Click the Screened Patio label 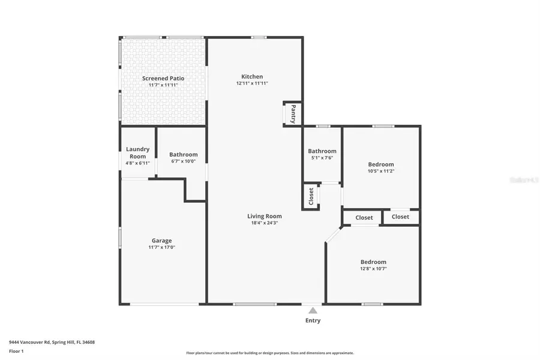coord(163,78)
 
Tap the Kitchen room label coord(252,76)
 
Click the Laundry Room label coord(137,152)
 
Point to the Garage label coord(161,240)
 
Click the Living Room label coord(265,216)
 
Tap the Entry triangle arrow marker coord(313,310)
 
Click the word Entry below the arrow coord(313,320)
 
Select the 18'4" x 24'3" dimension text coord(265,223)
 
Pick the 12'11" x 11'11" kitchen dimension coord(252,83)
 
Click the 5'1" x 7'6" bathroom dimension coord(322,158)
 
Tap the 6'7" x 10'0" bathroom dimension coord(183,161)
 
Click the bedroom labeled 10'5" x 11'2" coord(381,164)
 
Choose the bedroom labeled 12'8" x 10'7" coord(373,262)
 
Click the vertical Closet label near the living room coord(311,197)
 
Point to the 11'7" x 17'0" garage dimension coord(161,247)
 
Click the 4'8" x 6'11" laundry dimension coord(137,163)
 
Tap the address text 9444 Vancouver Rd coord(52,342)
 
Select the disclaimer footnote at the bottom coord(270,353)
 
